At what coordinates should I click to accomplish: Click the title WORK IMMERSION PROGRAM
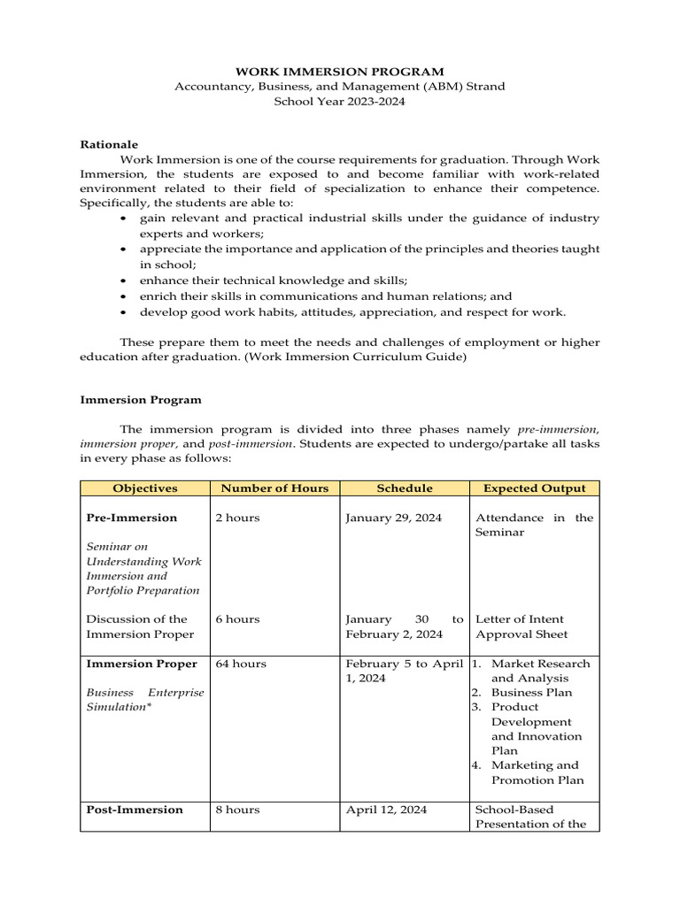tap(339, 71)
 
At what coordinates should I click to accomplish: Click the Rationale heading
tap(109, 143)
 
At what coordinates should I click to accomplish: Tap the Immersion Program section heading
tap(141, 400)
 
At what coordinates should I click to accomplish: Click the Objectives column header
tap(144, 488)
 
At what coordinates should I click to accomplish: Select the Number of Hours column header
tap(274, 488)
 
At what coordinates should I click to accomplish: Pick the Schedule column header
tap(405, 488)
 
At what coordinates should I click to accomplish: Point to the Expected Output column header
tap(534, 488)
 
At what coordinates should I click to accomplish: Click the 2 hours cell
tap(238, 518)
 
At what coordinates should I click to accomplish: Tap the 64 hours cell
tap(241, 664)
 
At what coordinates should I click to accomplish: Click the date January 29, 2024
tap(394, 518)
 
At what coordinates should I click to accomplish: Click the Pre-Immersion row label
tap(131, 518)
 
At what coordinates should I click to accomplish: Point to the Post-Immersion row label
tap(135, 810)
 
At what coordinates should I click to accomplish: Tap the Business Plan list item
tap(531, 693)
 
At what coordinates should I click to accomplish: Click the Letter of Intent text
tap(520, 619)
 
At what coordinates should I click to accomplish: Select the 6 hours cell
tap(238, 619)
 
